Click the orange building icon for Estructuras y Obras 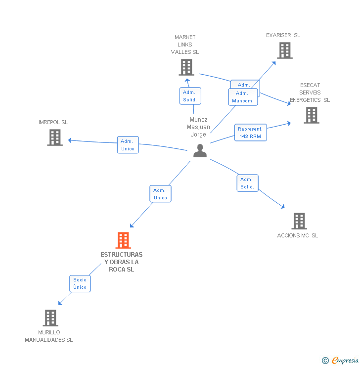(x=123, y=240)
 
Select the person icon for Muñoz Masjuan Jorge (x=200, y=151)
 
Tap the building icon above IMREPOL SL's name (x=55, y=137)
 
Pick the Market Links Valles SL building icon (x=186, y=67)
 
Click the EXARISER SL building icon (x=284, y=50)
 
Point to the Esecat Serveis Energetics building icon (x=311, y=115)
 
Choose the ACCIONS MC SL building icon (x=299, y=221)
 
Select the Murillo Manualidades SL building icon (x=50, y=318)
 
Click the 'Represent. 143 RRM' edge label (x=250, y=133)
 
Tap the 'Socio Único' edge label (x=80, y=283)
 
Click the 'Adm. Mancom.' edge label (x=243, y=97)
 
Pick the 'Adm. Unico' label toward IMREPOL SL (x=128, y=144)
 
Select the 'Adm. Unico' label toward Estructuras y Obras (x=160, y=194)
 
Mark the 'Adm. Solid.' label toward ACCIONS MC (x=247, y=183)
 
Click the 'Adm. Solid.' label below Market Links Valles (x=190, y=96)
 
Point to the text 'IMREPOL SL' (x=53, y=122)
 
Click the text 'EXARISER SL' (x=283, y=35)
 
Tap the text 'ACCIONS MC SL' (x=298, y=235)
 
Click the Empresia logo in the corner (x=341, y=360)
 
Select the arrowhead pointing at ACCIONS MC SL (x=283, y=207)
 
